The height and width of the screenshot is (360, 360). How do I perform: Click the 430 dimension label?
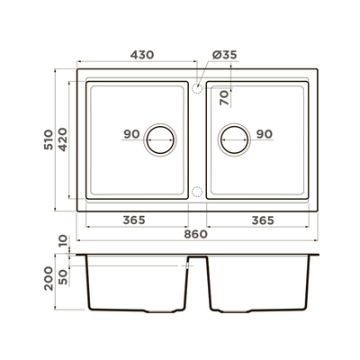[x=142, y=55]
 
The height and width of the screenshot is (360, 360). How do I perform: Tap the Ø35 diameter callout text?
[x=224, y=55]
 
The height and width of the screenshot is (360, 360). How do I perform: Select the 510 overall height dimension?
[x=49, y=139]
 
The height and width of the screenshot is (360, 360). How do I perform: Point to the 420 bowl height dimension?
[x=63, y=139]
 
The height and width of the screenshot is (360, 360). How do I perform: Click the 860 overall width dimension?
[x=195, y=234]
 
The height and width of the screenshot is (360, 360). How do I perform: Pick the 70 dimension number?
[x=224, y=98]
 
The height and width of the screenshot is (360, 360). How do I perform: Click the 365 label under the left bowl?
[x=134, y=220]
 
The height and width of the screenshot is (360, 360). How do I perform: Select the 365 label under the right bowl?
[x=263, y=220]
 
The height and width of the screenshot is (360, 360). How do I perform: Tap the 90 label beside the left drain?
[x=132, y=134]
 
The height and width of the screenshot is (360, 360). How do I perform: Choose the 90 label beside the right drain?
[x=265, y=134]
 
